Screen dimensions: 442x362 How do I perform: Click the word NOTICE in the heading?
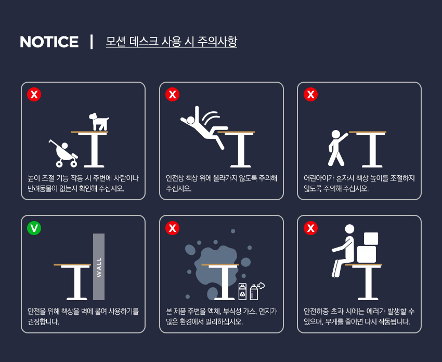(49, 42)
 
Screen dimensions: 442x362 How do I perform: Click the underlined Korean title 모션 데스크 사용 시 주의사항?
(172, 42)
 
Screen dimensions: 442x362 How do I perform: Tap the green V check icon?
(34, 228)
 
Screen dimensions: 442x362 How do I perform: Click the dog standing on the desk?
(99, 122)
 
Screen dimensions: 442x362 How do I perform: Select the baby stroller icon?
(63, 153)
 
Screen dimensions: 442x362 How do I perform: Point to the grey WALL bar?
(99, 267)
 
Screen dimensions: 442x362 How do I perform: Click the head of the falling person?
(191, 120)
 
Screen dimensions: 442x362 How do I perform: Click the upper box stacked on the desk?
(371, 239)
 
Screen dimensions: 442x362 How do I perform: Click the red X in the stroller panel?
(34, 95)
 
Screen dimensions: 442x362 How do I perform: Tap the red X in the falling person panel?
(173, 95)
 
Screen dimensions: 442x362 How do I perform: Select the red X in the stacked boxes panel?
(310, 228)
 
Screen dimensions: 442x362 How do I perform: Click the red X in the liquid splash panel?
(173, 228)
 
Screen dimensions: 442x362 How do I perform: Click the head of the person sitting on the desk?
(349, 229)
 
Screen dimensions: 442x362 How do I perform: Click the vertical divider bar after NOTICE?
(92, 42)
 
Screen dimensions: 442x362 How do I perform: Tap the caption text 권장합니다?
(43, 321)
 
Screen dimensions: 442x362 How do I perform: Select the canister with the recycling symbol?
(242, 291)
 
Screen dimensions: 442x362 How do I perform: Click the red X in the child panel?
(310, 95)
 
